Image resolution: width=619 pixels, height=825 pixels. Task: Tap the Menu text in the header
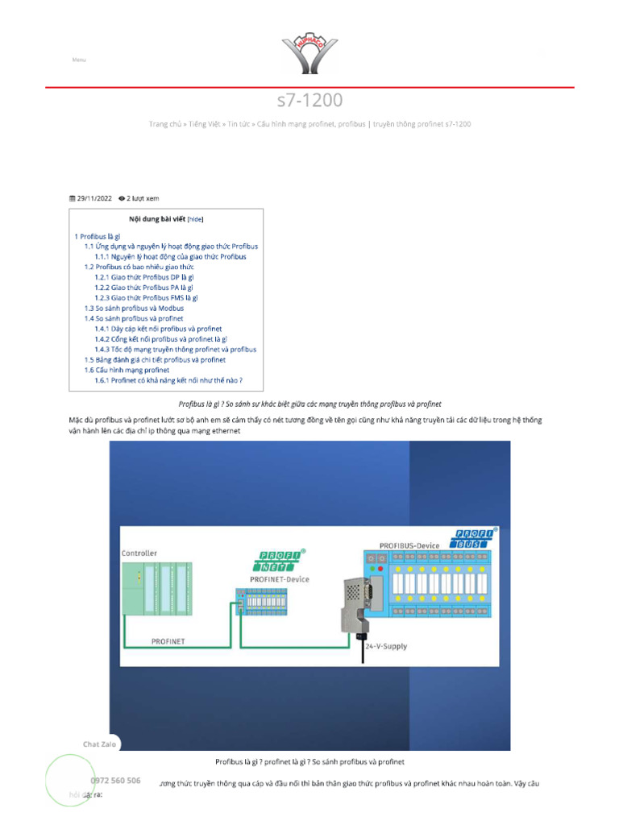(x=79, y=60)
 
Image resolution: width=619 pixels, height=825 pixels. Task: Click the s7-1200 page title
(x=309, y=100)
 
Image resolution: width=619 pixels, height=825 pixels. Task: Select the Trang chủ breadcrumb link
(x=164, y=124)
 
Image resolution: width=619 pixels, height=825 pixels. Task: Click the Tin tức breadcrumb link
(x=238, y=124)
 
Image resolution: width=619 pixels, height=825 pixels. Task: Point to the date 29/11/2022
(x=93, y=197)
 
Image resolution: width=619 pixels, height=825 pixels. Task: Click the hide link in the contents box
(x=196, y=218)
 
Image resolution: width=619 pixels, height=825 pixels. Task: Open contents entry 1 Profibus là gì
(x=98, y=236)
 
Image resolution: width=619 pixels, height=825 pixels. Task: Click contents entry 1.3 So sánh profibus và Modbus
(x=134, y=308)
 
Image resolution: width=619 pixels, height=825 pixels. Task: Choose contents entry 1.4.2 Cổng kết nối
(x=160, y=339)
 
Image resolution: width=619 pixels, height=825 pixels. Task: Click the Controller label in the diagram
(x=139, y=553)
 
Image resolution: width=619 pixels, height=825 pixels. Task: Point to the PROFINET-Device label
(x=280, y=579)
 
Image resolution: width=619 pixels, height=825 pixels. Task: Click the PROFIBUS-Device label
(x=409, y=545)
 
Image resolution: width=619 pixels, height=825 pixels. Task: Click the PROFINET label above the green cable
(x=168, y=641)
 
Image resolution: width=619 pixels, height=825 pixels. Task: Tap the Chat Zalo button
(x=99, y=744)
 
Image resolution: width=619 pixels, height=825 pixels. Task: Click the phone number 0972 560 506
(x=115, y=781)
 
